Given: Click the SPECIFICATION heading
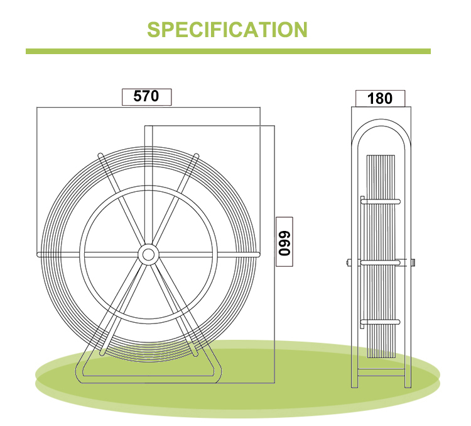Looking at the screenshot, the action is click(x=227, y=30).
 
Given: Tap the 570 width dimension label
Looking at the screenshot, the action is click(x=146, y=96).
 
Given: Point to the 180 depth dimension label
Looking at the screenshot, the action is click(x=380, y=98).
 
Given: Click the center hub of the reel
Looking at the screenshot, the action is click(x=148, y=255).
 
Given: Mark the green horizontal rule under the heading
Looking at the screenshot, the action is click(x=228, y=51).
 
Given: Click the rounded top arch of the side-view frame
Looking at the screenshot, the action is click(x=381, y=122).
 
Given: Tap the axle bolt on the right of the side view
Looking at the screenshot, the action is click(x=413, y=262).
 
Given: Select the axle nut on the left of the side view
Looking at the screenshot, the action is click(x=349, y=262).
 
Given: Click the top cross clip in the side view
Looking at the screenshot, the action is click(x=381, y=202).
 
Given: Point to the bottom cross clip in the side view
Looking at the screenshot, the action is click(x=381, y=322).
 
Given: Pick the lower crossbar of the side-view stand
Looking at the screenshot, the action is click(x=381, y=373).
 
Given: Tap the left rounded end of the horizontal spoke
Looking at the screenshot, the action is click(x=39, y=255).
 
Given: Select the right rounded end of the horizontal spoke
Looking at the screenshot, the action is click(x=257, y=255).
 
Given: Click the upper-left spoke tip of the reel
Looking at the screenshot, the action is click(x=100, y=155).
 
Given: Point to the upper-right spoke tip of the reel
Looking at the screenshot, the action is click(x=197, y=156).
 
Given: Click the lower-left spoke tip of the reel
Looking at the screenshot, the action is click(x=102, y=352).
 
